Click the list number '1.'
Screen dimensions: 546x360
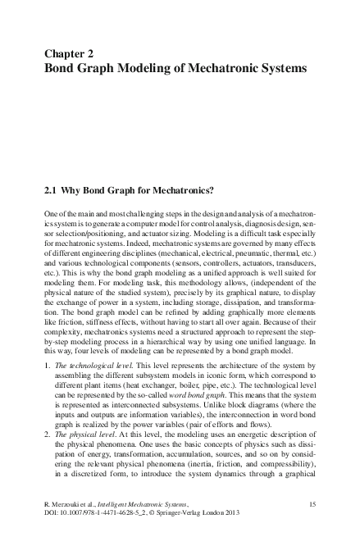click(45, 338)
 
